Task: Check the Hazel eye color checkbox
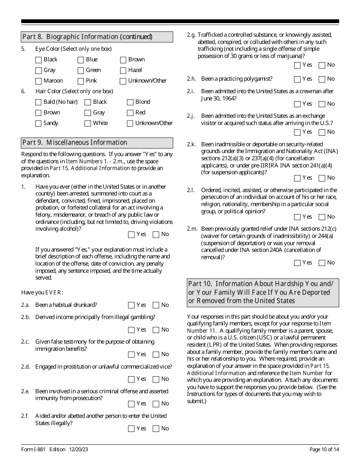(x=123, y=70)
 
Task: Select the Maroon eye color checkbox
(x=38, y=81)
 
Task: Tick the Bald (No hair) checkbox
(x=38, y=102)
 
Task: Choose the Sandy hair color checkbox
(x=38, y=124)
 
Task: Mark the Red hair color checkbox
(x=130, y=113)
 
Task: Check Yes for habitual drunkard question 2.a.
(x=131, y=305)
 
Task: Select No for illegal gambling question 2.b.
(x=156, y=330)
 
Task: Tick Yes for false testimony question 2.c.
(x=131, y=355)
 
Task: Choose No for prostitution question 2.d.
(x=156, y=379)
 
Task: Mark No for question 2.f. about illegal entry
(x=156, y=429)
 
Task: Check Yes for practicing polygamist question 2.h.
(x=297, y=79)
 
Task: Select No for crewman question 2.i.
(x=322, y=104)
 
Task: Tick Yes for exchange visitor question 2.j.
(x=297, y=132)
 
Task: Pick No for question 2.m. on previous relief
(x=322, y=263)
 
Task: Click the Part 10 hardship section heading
(x=263, y=292)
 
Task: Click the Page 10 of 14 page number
(x=324, y=450)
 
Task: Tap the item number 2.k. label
(x=191, y=144)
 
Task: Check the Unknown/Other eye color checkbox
(x=123, y=81)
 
